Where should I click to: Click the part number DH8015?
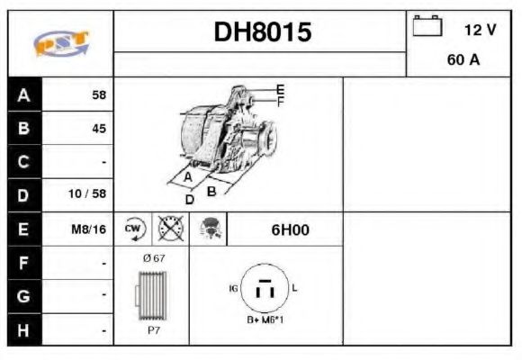tap(262, 32)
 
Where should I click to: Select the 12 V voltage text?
tap(480, 30)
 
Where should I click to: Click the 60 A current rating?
tap(462, 61)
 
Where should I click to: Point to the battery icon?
tap(427, 27)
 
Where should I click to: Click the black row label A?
tap(22, 94)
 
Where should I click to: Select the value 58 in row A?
tap(98, 94)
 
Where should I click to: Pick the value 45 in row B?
tap(98, 128)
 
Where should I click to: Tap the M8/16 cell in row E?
tap(89, 229)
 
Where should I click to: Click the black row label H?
tap(22, 330)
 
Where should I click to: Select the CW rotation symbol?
tap(132, 229)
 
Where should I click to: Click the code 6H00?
tap(290, 229)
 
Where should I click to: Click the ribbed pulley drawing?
tap(150, 295)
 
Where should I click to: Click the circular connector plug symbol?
tap(265, 290)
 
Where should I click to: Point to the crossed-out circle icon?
tap(170, 229)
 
